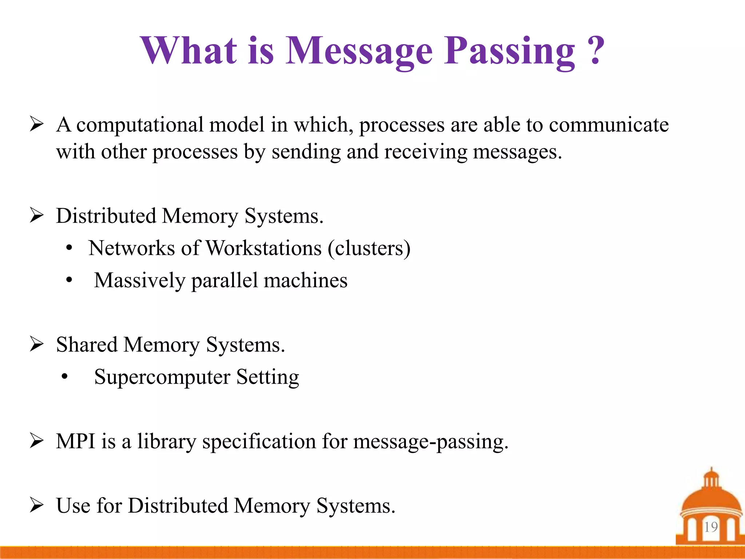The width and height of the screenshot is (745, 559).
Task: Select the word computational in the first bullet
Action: pos(140,125)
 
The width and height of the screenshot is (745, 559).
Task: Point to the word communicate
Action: pos(609,125)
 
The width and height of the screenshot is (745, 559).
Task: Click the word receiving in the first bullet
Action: pos(426,152)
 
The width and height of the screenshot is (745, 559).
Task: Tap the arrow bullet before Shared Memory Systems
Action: pos(37,344)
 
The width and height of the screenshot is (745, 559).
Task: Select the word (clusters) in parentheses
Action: pos(369,248)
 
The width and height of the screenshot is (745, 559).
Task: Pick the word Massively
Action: pos(140,281)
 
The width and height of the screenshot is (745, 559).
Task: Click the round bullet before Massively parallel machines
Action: pos(69,281)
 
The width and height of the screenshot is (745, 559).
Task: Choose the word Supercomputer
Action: pos(162,377)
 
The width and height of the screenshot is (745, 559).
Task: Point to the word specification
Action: pos(259,442)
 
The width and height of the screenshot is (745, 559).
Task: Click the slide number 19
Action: pos(710,527)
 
